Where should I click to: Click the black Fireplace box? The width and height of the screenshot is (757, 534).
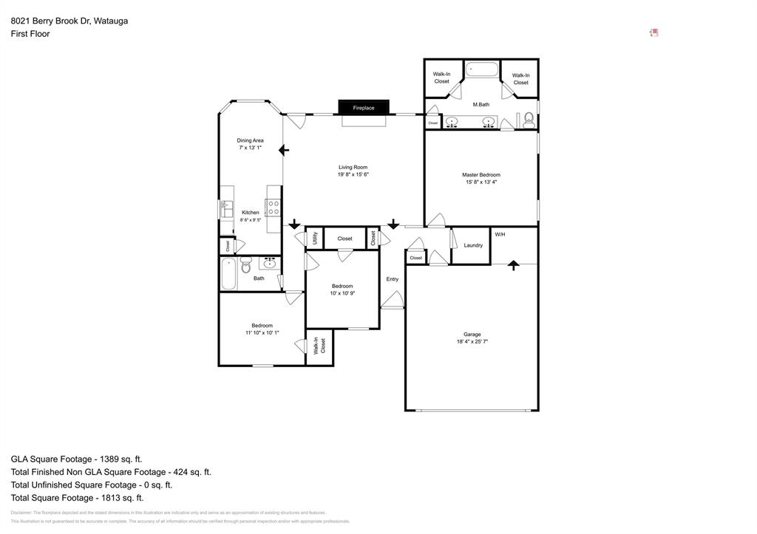363,108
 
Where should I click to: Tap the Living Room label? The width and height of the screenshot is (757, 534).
353,167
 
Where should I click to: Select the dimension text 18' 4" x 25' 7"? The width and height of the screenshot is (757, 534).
472,342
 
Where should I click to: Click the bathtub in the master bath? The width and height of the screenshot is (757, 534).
481,71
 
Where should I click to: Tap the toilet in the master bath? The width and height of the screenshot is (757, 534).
529,120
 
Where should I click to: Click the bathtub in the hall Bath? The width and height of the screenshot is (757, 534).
228,273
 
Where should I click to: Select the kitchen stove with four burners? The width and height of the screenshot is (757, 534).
274,208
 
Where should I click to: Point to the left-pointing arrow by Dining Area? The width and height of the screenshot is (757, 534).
283,150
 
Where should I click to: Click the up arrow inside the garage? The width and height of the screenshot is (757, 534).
513,264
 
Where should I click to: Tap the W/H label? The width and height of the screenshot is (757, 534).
500,235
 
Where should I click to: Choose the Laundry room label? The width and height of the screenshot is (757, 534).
473,245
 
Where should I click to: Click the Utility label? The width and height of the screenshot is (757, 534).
315,238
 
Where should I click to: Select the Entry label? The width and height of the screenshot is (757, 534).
392,279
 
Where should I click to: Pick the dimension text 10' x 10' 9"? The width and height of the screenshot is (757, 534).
342,293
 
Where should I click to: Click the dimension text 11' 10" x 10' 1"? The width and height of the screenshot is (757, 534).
262,333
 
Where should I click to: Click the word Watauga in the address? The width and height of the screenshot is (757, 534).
111,21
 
